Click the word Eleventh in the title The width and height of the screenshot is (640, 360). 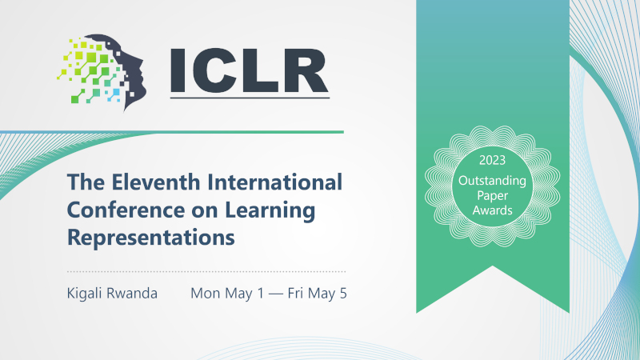[150, 182]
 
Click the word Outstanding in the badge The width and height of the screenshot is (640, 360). [492, 182]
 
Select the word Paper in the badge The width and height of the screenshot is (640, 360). [492, 196]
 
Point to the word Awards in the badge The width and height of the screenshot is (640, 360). [492, 210]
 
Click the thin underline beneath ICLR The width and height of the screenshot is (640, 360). [250, 98]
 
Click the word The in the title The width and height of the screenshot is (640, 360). [86, 182]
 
